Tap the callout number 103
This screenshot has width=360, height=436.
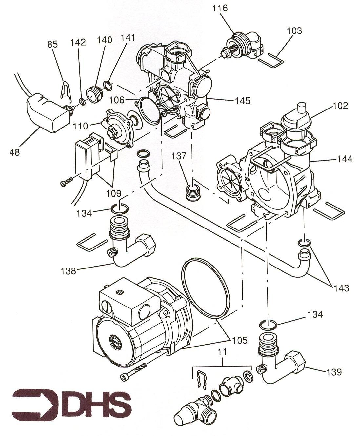(x=294, y=31)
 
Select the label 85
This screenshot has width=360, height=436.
(x=52, y=44)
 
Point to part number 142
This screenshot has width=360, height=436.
(x=78, y=42)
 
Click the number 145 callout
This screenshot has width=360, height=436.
(x=243, y=101)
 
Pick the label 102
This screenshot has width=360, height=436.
(x=340, y=106)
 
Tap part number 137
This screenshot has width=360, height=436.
(x=179, y=156)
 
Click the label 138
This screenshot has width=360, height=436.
(x=69, y=271)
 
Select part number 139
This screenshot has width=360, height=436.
(x=334, y=372)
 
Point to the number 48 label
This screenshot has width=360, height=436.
(x=15, y=153)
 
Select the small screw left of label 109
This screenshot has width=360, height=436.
(x=67, y=181)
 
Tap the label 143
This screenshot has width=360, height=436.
(x=341, y=288)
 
